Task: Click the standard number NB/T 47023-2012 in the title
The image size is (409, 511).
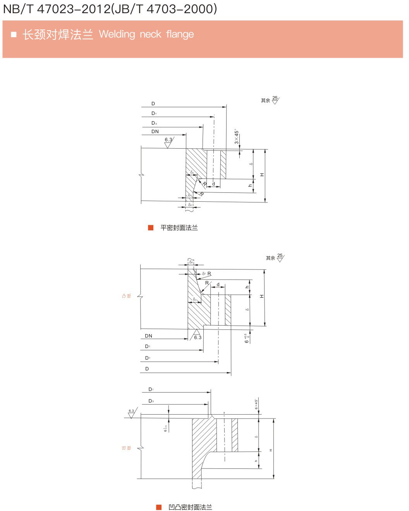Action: click(x=56, y=9)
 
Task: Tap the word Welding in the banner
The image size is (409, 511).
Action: click(x=117, y=34)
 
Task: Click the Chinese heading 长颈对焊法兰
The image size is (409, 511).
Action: click(x=58, y=34)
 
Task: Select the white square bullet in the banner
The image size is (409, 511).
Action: click(x=14, y=34)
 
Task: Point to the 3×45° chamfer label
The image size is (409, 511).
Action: click(x=236, y=137)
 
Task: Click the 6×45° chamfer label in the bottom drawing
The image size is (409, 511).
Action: click(x=256, y=404)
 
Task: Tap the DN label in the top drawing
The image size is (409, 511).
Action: click(x=155, y=132)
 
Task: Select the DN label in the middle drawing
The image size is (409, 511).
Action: click(x=148, y=336)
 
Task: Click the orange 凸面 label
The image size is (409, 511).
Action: click(x=126, y=296)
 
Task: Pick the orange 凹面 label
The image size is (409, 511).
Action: click(x=126, y=448)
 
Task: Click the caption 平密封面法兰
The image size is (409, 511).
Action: click(x=179, y=228)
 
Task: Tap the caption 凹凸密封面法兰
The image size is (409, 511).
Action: click(x=190, y=507)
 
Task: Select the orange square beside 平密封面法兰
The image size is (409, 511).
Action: click(x=151, y=228)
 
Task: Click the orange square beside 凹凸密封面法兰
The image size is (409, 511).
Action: click(x=159, y=507)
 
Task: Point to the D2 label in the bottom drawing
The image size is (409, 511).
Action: click(x=151, y=389)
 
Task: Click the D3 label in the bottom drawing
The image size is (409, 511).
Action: click(x=151, y=401)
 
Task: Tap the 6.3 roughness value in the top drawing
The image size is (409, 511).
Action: click(x=168, y=140)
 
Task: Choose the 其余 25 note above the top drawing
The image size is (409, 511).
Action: click(x=270, y=100)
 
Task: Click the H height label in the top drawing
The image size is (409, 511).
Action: click(x=262, y=175)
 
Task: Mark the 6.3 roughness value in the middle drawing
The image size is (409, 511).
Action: click(x=198, y=338)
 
